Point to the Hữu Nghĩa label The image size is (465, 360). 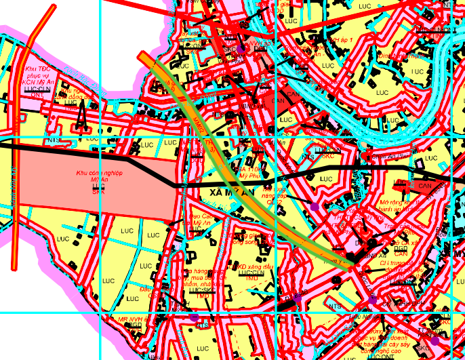point(363,315)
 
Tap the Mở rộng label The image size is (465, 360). point(395,202)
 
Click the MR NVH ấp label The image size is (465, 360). point(132,318)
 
